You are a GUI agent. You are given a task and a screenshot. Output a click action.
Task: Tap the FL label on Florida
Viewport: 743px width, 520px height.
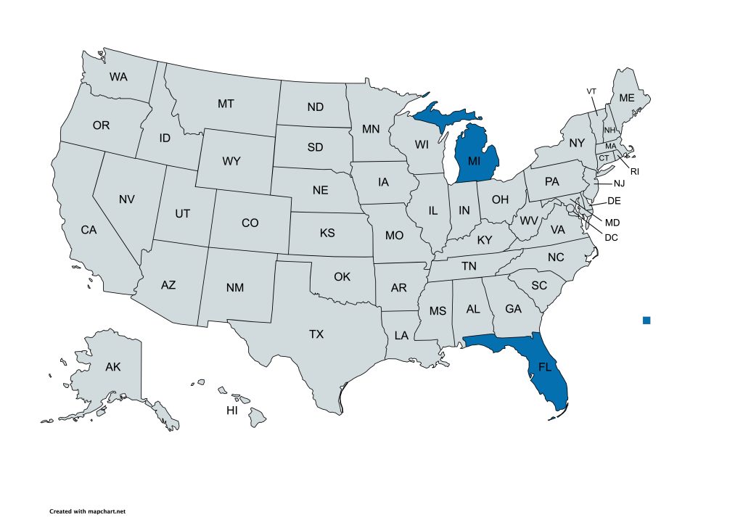[545, 368]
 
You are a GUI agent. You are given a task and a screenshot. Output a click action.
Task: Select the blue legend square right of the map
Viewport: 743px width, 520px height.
[646, 320]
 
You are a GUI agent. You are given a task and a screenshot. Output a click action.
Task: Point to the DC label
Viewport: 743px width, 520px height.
[611, 236]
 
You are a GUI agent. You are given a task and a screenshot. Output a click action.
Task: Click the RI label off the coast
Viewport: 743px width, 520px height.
[634, 171]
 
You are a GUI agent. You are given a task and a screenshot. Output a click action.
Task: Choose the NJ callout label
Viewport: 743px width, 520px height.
[619, 183]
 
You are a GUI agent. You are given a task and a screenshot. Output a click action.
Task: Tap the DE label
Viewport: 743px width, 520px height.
[614, 201]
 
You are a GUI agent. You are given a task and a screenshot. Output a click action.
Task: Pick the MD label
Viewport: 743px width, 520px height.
[612, 222]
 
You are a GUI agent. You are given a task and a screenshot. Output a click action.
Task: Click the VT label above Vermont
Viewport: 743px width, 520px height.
[591, 91]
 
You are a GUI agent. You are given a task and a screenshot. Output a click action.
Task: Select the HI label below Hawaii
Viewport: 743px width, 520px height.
[232, 410]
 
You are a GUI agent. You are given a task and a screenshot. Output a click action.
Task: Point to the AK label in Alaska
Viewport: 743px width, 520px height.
[112, 367]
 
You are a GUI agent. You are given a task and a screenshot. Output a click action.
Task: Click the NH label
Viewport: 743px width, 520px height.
[609, 130]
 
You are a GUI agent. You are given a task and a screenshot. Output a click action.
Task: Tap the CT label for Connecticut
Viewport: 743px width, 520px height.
[603, 158]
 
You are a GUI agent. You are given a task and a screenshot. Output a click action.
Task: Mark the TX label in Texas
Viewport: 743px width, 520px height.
[316, 334]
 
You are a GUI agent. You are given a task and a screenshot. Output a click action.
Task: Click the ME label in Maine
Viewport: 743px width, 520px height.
[626, 98]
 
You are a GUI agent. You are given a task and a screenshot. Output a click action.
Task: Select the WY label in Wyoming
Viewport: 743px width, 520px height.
[231, 161]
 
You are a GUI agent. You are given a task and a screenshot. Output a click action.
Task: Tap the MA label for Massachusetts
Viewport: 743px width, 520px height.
[611, 146]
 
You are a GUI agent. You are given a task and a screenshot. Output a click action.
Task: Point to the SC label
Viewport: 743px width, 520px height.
[538, 285]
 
